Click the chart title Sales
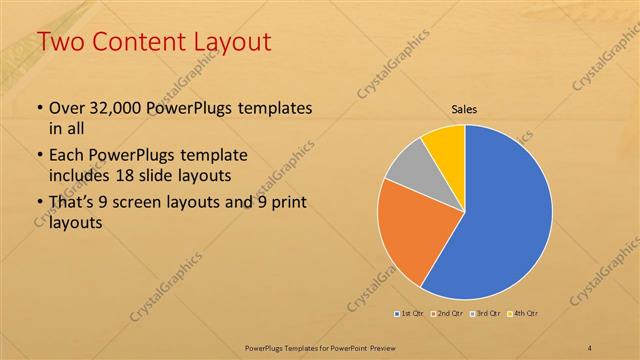[465, 109]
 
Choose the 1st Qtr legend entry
[410, 314]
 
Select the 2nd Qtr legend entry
[449, 314]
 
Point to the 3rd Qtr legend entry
[487, 314]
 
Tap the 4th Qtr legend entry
[525, 314]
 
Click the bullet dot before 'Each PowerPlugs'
[39, 157]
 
